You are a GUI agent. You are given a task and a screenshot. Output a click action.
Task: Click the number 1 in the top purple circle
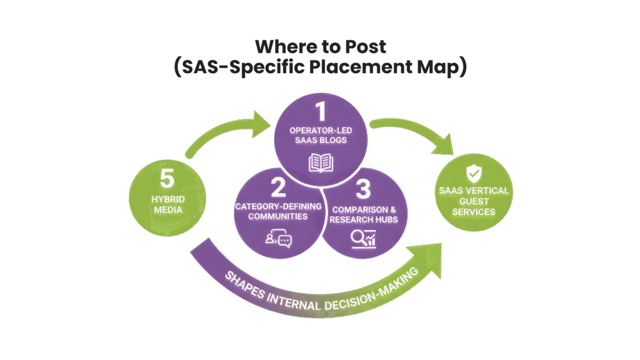pyautogui.click(x=321, y=112)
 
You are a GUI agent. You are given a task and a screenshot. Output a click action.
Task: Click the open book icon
pyautogui.click(x=321, y=163)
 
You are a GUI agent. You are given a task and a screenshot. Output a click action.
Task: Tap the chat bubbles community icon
pyautogui.click(x=279, y=238)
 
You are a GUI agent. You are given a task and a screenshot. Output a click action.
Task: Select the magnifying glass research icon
pyautogui.click(x=362, y=238)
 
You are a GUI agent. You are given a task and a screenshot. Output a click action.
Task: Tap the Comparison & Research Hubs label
pyautogui.click(x=362, y=212)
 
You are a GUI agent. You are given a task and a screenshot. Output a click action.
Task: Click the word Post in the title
pyautogui.click(x=362, y=47)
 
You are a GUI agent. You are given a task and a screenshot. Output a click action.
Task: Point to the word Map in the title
pyautogui.click(x=437, y=67)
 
